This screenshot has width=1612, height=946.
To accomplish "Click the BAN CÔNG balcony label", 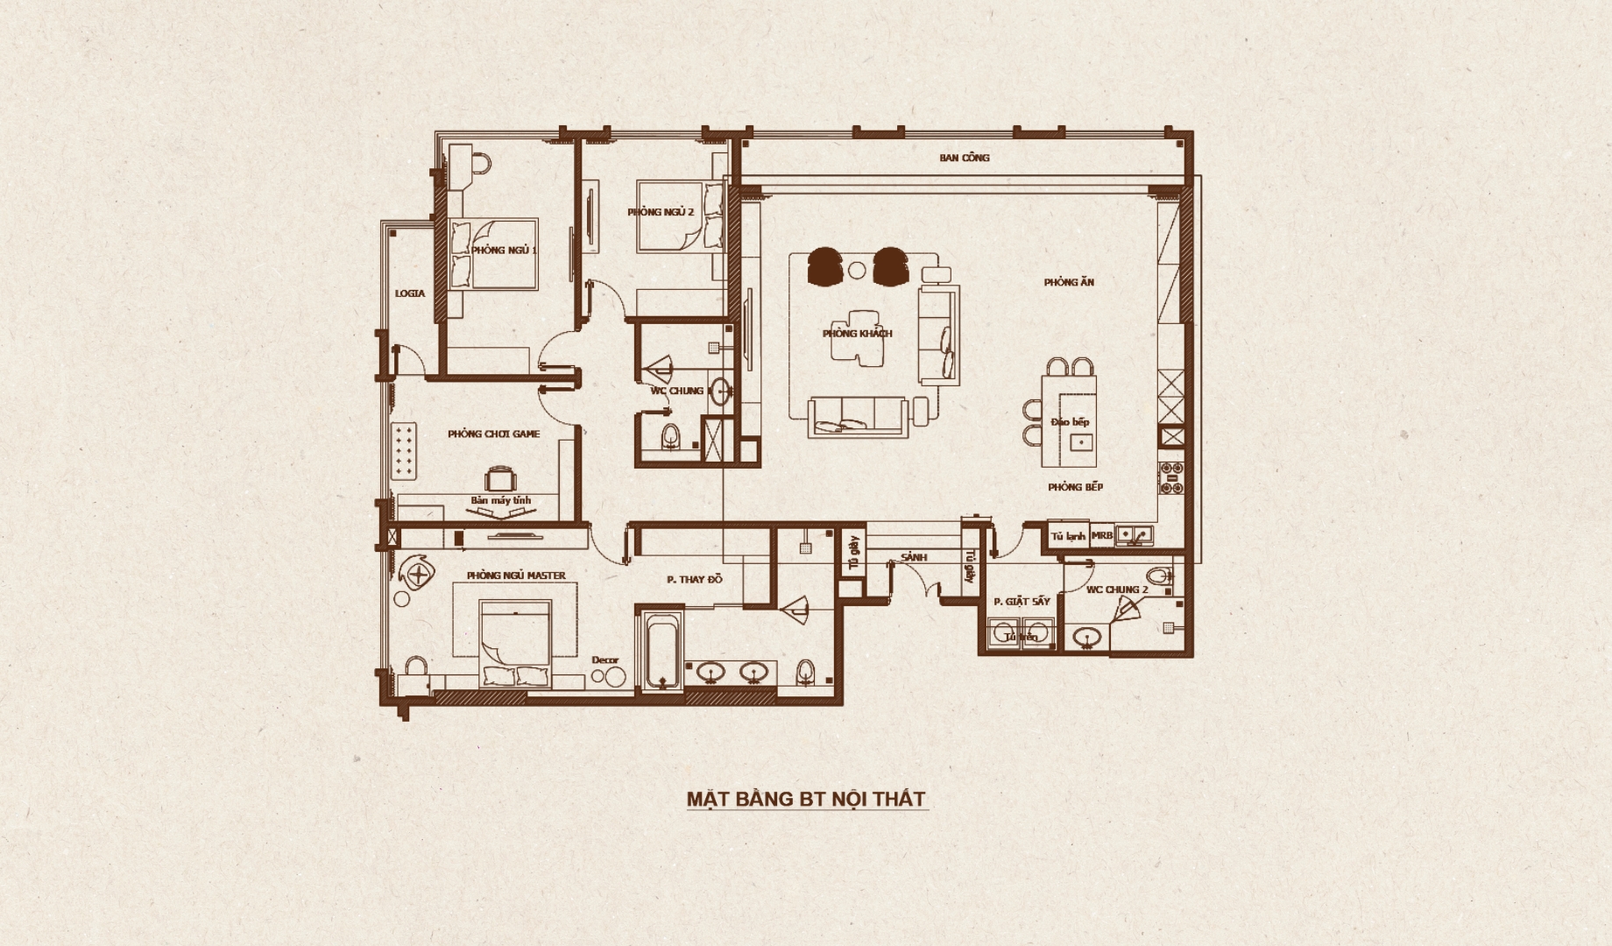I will tap(964, 158).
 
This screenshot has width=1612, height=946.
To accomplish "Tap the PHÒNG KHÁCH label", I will tap(857, 334).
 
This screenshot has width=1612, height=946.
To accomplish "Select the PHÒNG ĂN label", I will tap(1069, 282).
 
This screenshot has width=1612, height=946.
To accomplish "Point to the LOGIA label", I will tap(409, 293).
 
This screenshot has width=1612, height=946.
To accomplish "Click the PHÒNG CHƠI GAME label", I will tap(493, 434).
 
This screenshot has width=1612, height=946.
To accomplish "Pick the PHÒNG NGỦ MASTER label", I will tap(516, 575).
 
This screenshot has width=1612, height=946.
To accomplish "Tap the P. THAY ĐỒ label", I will tap(694, 579).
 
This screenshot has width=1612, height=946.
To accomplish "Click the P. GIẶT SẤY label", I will tap(1022, 602).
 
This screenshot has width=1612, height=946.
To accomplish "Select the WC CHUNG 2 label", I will tap(1117, 589).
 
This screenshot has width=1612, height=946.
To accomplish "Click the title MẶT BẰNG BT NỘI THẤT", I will tap(806, 799).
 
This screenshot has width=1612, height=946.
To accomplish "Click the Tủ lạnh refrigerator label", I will tap(1068, 536).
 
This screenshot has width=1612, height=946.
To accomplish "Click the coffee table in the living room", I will tap(856, 337).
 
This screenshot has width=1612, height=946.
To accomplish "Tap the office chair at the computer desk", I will tap(499, 479).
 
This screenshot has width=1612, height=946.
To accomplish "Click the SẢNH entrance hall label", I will tap(914, 557).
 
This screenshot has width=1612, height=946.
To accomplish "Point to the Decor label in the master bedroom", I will tap(604, 660).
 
